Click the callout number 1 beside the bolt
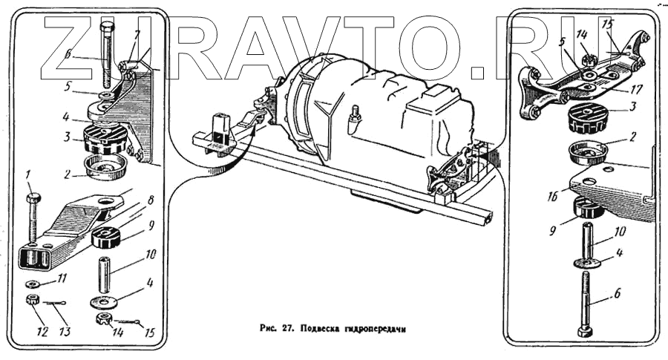(28, 175)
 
